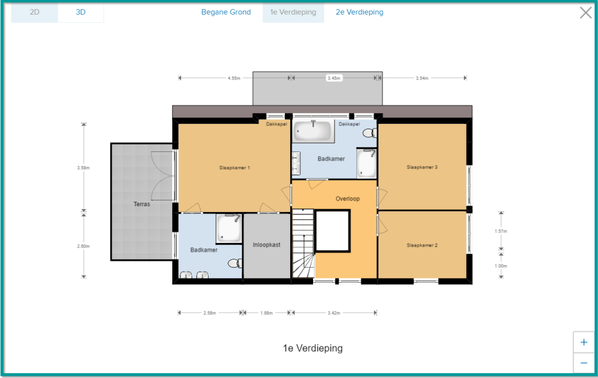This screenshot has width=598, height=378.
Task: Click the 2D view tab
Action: click(x=34, y=12)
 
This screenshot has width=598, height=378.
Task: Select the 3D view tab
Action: click(x=81, y=12)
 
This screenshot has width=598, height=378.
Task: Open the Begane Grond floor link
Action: click(x=226, y=12)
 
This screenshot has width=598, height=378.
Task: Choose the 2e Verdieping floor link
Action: click(x=359, y=12)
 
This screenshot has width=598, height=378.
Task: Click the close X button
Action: click(x=585, y=13)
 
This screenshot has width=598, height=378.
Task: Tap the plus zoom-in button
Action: click(x=583, y=342)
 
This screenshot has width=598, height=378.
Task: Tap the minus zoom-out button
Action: click(x=583, y=363)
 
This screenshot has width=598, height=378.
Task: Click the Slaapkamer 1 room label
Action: click(x=234, y=168)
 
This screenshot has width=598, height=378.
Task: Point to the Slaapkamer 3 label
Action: click(x=422, y=167)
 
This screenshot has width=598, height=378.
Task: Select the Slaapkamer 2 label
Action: click(x=422, y=245)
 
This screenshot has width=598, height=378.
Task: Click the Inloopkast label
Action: click(x=266, y=245)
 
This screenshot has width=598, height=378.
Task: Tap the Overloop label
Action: click(x=347, y=199)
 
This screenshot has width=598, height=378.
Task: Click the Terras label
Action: click(x=141, y=204)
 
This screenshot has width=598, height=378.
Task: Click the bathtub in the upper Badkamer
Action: click(x=313, y=130)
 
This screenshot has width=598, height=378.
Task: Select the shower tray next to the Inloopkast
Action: click(x=229, y=228)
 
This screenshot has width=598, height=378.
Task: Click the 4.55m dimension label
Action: click(x=234, y=78)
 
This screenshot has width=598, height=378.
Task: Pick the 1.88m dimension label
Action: click(x=266, y=313)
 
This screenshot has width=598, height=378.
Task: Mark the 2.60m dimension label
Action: click(x=83, y=246)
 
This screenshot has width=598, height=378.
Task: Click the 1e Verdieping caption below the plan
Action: click(x=313, y=348)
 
